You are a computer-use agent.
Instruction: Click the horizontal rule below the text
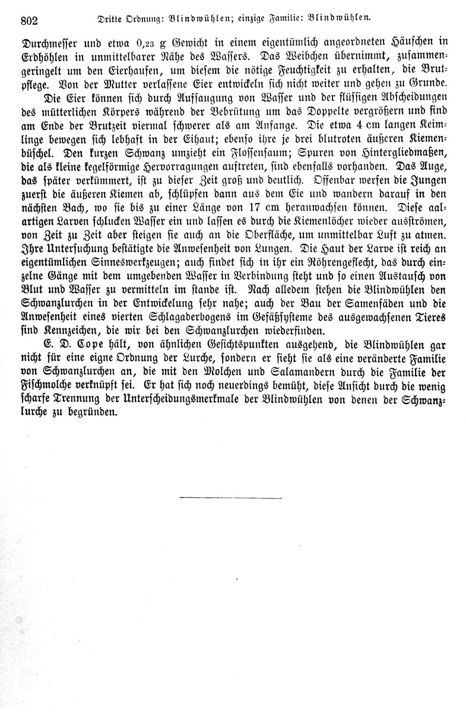tap(230, 498)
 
